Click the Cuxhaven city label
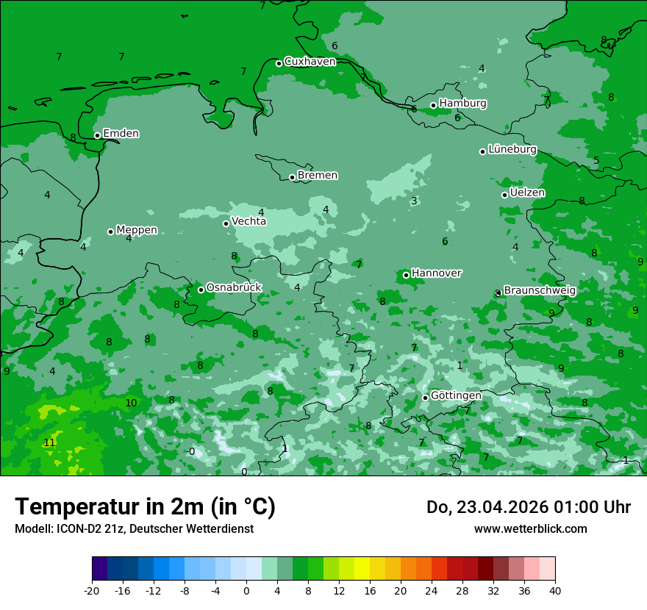click(x=310, y=62)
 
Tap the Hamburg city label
click(x=462, y=104)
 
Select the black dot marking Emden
click(x=97, y=135)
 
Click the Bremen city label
click(x=318, y=176)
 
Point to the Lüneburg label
click(x=512, y=150)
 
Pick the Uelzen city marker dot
click(x=504, y=195)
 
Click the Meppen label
click(x=137, y=230)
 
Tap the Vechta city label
click(x=249, y=221)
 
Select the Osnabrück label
click(x=234, y=287)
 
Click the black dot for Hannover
click(x=406, y=275)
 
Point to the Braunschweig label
click(x=540, y=290)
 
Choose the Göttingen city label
click(x=456, y=395)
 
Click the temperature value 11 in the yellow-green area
click(x=49, y=442)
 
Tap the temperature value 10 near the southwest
click(x=131, y=403)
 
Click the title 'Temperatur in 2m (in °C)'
click(x=145, y=506)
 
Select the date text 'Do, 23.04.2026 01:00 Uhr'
click(x=528, y=507)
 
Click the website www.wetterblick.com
click(x=530, y=528)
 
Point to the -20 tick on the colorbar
click(x=92, y=590)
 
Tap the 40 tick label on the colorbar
click(x=554, y=590)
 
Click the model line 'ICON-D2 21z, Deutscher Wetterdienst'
click(x=134, y=528)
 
